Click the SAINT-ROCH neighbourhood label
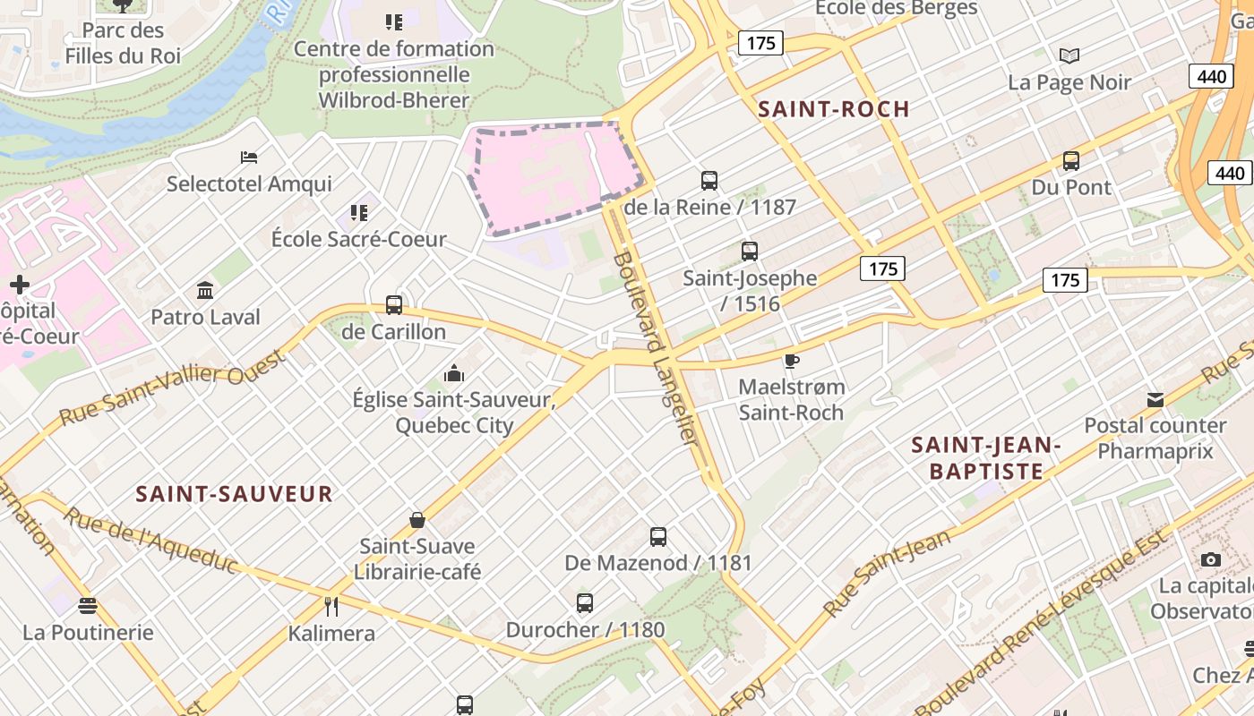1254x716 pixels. click(833, 109)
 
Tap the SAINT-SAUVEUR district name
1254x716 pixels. click(234, 493)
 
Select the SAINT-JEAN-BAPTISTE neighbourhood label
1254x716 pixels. click(986, 457)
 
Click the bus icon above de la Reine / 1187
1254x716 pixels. click(709, 180)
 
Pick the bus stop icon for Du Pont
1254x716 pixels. click(1070, 161)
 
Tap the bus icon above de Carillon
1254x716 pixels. click(394, 304)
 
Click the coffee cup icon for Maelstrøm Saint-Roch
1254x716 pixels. click(790, 361)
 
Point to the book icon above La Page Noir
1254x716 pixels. click(1069, 56)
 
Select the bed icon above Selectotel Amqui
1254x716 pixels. click(249, 158)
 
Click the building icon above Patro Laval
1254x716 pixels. click(205, 290)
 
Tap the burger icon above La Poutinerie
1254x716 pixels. click(88, 606)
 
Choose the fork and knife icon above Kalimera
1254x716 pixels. click(331, 607)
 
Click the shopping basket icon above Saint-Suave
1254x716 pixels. click(417, 519)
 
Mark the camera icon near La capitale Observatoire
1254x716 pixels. click(1210, 559)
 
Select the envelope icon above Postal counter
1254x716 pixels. click(1155, 399)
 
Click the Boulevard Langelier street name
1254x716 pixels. click(657, 349)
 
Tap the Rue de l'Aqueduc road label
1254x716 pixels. click(151, 541)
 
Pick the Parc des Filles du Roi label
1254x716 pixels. click(123, 43)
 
